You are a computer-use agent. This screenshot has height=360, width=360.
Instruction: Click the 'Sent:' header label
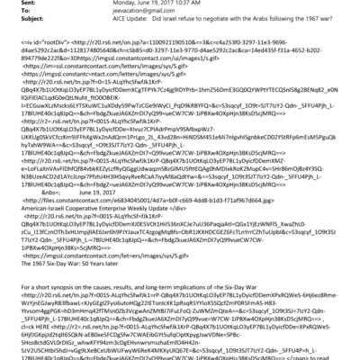click(x=13, y=4)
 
